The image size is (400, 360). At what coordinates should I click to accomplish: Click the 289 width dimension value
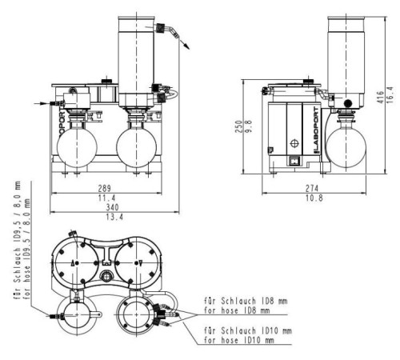[104, 189]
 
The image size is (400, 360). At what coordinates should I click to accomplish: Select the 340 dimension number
[112, 207]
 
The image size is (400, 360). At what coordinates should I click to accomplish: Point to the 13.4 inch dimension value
[114, 217]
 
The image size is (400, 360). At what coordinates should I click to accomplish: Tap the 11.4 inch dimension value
[106, 198]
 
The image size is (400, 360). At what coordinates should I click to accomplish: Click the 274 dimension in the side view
[312, 189]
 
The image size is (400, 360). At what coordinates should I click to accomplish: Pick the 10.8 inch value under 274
[314, 198]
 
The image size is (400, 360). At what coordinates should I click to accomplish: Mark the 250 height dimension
[239, 126]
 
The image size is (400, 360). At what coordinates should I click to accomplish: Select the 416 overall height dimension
[381, 97]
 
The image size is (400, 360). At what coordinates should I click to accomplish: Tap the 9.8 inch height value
[248, 126]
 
